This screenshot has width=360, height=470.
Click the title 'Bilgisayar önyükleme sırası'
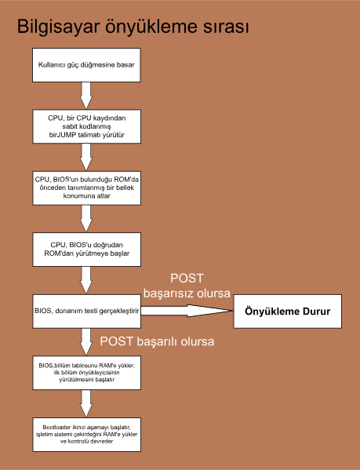click(x=133, y=27)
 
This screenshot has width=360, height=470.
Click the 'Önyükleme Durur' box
click(x=288, y=312)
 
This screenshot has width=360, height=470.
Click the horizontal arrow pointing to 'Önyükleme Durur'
click(x=188, y=311)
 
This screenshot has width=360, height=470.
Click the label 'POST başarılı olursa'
click(x=158, y=342)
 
